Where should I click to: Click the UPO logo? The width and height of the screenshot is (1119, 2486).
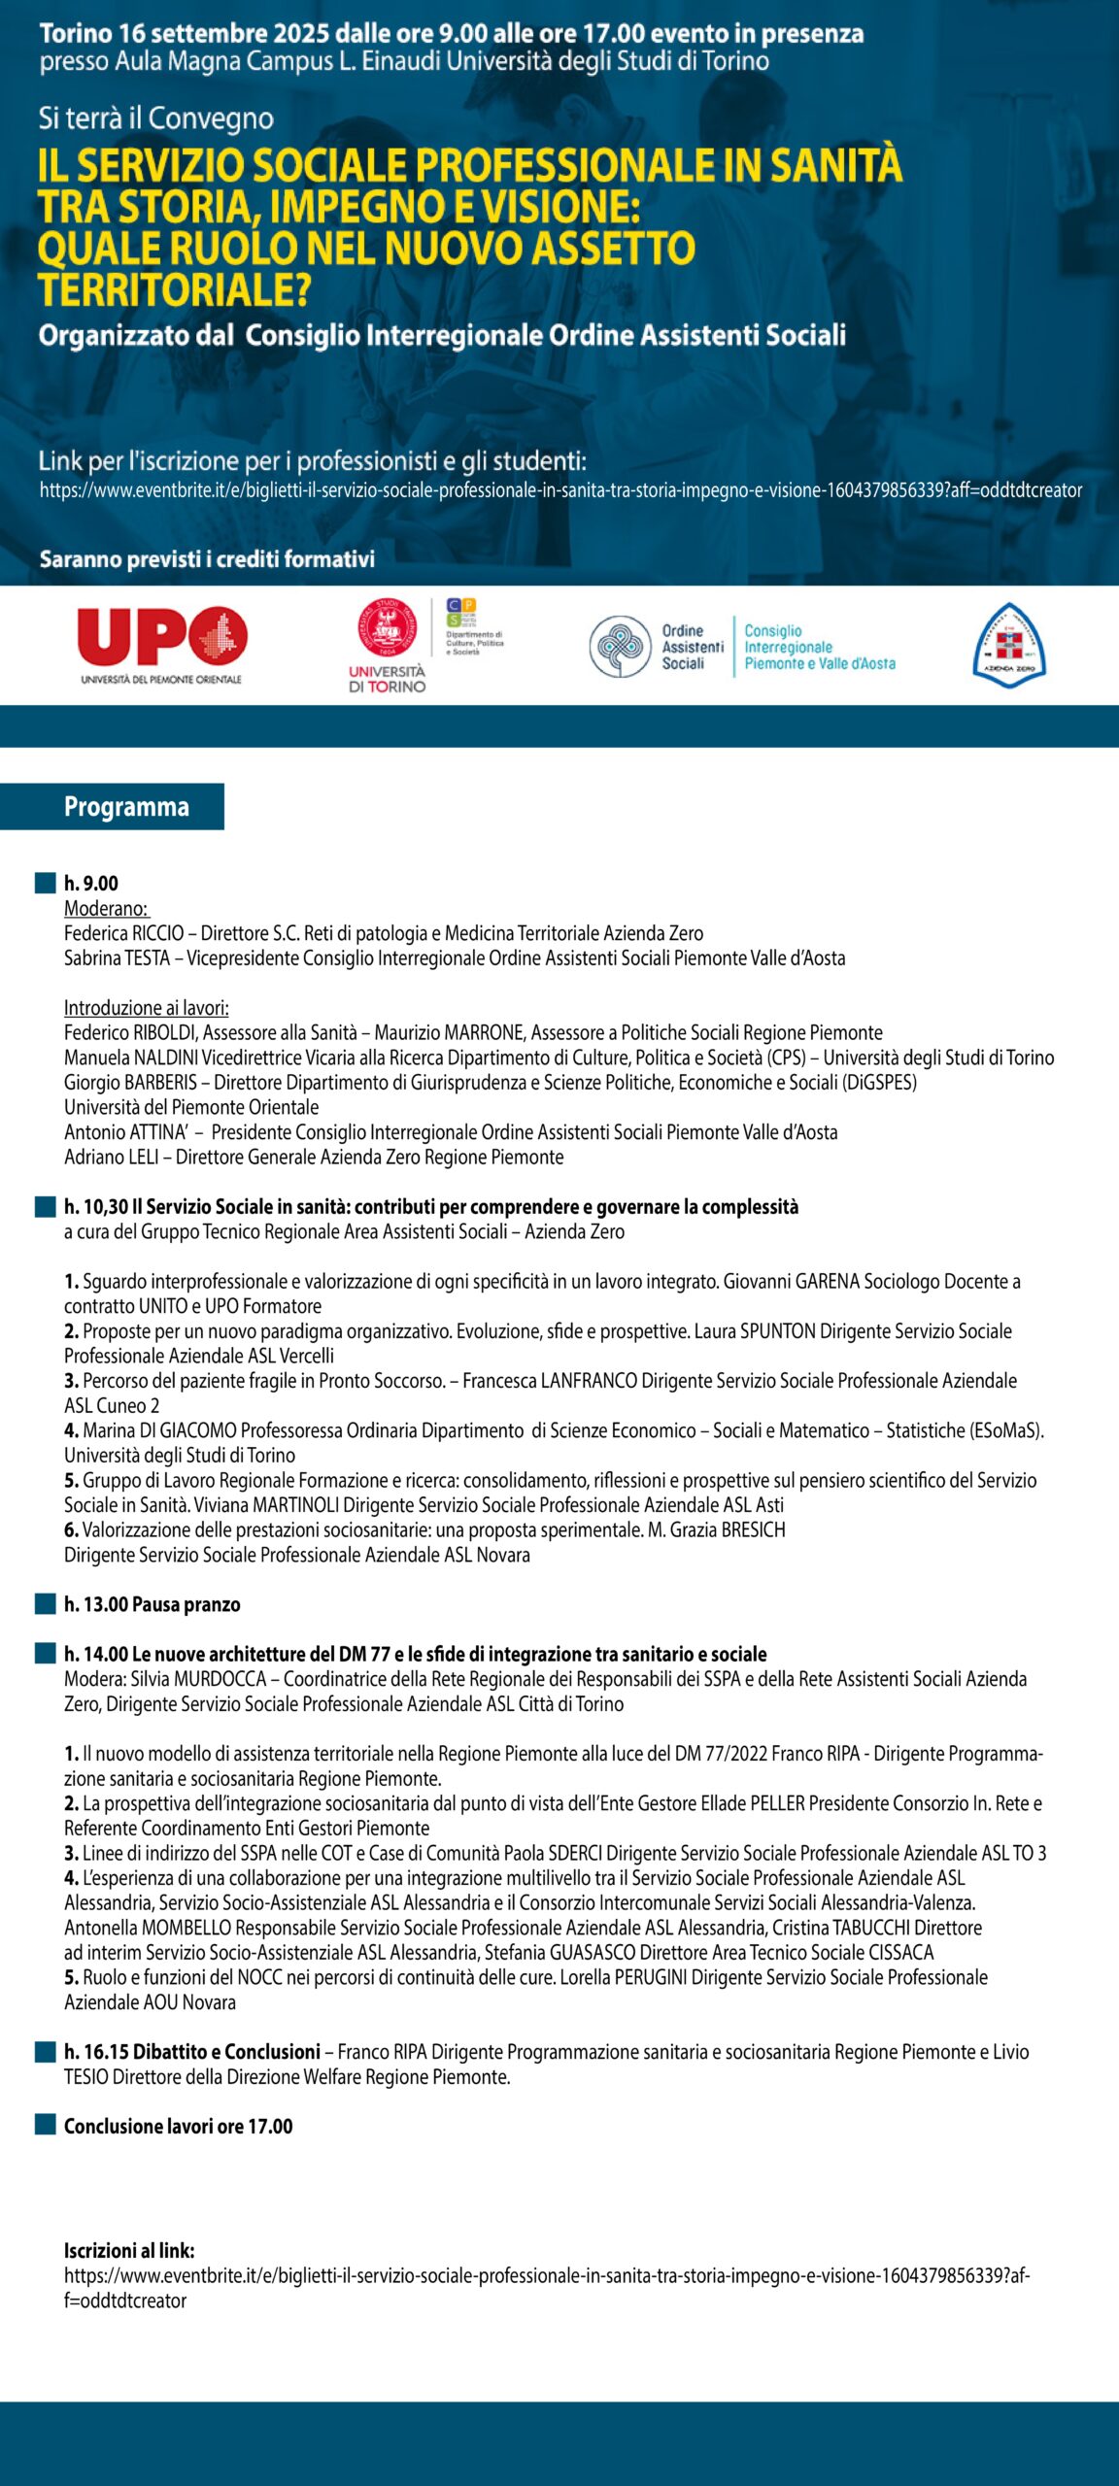161,639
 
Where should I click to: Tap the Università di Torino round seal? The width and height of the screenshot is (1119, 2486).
387,628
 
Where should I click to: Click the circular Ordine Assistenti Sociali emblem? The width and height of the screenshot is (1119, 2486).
620,647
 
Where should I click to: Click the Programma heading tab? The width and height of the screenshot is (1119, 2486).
126,807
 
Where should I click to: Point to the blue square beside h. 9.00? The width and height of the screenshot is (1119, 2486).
45,883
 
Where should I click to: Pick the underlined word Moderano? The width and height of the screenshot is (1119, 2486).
106,908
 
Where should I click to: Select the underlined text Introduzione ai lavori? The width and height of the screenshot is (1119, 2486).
146,1008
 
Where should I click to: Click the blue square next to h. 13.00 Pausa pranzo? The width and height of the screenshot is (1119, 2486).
45,1604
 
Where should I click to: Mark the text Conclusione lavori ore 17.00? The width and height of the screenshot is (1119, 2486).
178,2127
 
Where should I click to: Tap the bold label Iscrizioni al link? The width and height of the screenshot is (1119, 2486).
129,2251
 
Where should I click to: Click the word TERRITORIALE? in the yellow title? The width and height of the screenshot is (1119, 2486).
174,289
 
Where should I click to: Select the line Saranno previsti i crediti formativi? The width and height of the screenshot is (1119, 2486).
207,559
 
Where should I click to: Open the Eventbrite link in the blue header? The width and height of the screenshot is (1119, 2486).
560,490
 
